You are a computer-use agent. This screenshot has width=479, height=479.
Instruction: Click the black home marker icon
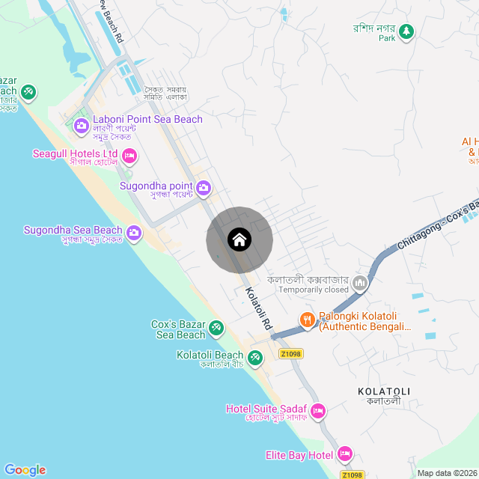(x=239, y=239)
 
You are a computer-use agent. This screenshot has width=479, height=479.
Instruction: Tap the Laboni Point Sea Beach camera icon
(x=82, y=125)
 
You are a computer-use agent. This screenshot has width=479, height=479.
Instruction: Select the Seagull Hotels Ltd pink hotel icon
(x=129, y=156)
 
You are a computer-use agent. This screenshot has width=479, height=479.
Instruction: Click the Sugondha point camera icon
(x=204, y=187)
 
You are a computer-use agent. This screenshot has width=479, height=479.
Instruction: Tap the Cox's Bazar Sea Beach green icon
(x=216, y=327)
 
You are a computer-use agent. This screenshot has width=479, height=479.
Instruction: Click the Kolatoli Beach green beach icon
(x=255, y=357)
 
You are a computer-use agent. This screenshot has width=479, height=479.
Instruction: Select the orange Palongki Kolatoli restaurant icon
(x=307, y=320)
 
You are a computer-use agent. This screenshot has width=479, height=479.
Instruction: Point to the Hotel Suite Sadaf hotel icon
(x=317, y=410)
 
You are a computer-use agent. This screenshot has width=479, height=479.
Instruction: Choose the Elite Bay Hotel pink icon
(x=345, y=454)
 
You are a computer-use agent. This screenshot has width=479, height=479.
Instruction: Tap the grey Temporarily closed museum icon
(x=361, y=282)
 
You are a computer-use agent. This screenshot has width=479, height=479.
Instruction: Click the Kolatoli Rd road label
(x=258, y=309)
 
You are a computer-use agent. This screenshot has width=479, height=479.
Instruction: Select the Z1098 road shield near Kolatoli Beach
(x=291, y=354)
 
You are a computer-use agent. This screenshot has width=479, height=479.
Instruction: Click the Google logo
(x=25, y=469)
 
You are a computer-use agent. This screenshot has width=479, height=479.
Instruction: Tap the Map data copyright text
(x=446, y=473)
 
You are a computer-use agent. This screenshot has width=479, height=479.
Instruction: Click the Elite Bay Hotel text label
(x=299, y=455)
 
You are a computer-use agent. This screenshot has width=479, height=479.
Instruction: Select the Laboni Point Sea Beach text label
(x=147, y=119)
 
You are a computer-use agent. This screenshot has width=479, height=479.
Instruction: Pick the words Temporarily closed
(x=314, y=290)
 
